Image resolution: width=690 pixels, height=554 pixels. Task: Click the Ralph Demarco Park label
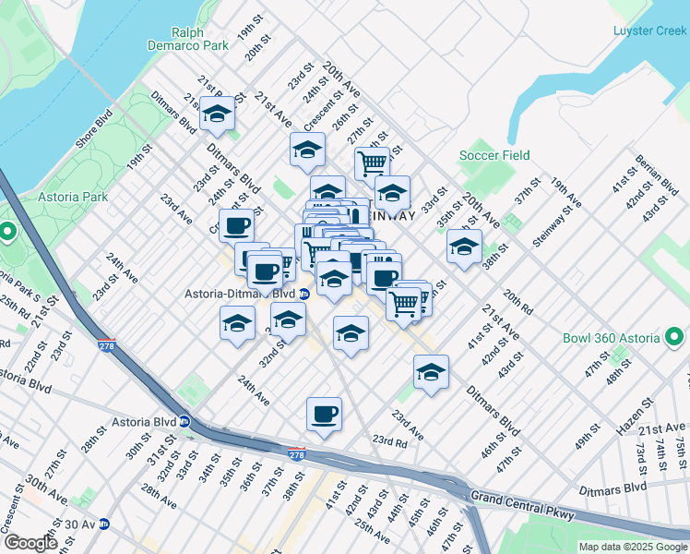(187, 37)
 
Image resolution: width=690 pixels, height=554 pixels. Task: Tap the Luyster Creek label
(650, 30)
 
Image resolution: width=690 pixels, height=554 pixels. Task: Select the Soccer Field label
(495, 155)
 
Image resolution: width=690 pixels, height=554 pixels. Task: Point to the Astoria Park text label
(73, 197)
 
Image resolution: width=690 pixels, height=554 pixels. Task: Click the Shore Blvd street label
(94, 129)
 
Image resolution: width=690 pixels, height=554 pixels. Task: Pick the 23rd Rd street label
(390, 441)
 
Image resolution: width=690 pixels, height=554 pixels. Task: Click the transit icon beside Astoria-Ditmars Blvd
(304, 294)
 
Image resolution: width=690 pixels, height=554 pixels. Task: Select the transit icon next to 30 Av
(105, 524)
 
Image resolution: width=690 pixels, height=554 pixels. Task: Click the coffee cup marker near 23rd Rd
(324, 414)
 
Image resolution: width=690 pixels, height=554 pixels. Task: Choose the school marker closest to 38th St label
(464, 247)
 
